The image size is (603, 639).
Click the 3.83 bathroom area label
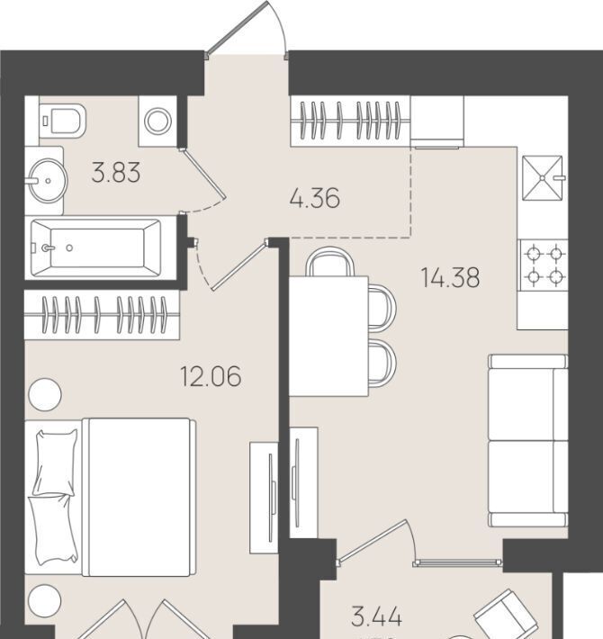pyautogui.click(x=116, y=173)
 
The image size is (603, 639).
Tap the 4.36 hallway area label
pyautogui.click(x=314, y=199)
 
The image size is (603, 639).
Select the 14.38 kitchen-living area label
pyautogui.click(x=450, y=277)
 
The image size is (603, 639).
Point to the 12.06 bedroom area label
pyautogui.click(x=211, y=376)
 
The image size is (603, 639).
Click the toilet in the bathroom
pyautogui.click(x=63, y=120)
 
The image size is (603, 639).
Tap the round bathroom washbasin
pyautogui.click(x=48, y=181)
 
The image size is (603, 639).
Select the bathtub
pyautogui.click(x=95, y=247)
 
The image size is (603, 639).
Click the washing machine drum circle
pyautogui.click(x=157, y=121)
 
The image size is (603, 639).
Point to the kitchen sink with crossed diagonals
pyautogui.click(x=543, y=178)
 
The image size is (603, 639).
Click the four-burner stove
pyautogui.click(x=544, y=265)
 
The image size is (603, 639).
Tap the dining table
pyautogui.click(x=328, y=337)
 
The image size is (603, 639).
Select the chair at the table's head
pyautogui.click(x=330, y=262)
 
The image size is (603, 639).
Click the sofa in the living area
pyautogui.click(x=528, y=440)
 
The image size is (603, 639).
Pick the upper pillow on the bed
pyautogui.click(x=56, y=462)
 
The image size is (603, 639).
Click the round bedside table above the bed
pyautogui.click(x=45, y=394)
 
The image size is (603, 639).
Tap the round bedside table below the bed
pyautogui.click(x=44, y=600)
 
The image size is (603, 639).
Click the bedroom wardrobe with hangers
pyautogui.click(x=102, y=315)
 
